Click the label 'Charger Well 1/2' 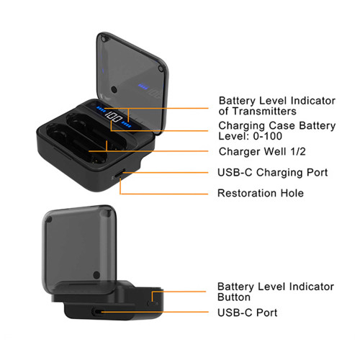[262, 152]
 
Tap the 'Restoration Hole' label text [261, 193]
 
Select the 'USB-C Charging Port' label [272, 173]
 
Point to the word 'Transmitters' [264, 112]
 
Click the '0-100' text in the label [268, 136]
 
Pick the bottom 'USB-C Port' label [247, 312]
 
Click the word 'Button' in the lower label [234, 297]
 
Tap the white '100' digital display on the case [114, 117]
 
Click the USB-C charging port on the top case [120, 174]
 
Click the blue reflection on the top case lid [143, 86]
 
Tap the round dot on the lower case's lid [96, 275]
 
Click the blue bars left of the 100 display [101, 109]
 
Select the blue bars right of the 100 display [126, 125]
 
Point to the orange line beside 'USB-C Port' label [155, 312]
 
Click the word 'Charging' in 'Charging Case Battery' [241, 126]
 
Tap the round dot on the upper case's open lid [114, 90]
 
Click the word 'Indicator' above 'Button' [311, 287]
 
